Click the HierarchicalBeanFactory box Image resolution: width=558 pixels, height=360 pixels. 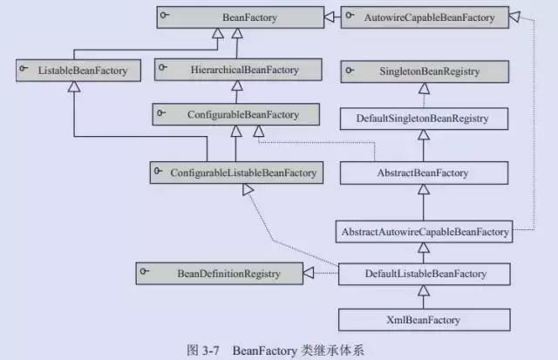(x=240, y=69)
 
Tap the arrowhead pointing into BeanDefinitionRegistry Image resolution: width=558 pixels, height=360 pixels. (x=308, y=275)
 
